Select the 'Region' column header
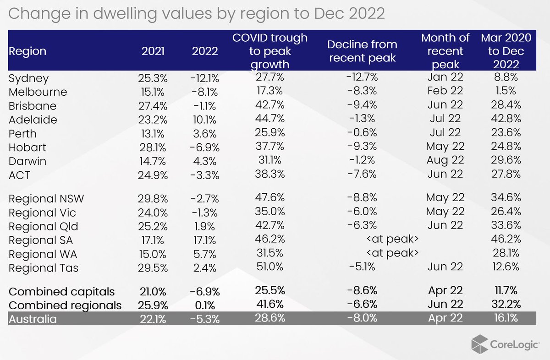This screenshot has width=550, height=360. [27, 51]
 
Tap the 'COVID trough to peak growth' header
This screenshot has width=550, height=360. [270, 50]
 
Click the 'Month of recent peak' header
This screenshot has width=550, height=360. [442, 50]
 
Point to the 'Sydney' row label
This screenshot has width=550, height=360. [28, 78]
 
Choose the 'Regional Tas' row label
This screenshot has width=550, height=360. [44, 268]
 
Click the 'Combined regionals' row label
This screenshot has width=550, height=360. [65, 305]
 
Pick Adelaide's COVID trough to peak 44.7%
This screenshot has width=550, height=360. [270, 119]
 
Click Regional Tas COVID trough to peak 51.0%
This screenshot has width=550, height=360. [270, 267]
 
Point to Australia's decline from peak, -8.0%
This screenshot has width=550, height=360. [362, 318]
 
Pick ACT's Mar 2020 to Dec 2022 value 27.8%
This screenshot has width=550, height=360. [506, 175]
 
